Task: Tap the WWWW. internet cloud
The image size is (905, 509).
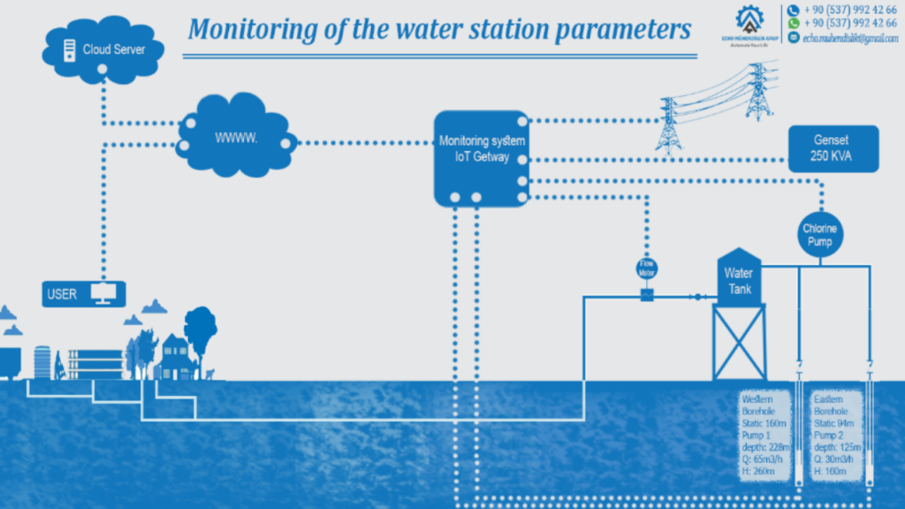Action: click(236, 139)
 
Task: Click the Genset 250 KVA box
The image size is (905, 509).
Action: click(833, 148)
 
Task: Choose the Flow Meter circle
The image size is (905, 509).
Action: click(647, 268)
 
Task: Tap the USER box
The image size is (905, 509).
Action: click(84, 293)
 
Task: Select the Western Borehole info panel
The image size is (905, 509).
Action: click(765, 436)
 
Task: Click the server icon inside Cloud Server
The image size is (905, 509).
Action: click(69, 50)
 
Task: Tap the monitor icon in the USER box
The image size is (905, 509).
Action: click(104, 293)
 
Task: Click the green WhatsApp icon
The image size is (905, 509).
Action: click(793, 24)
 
